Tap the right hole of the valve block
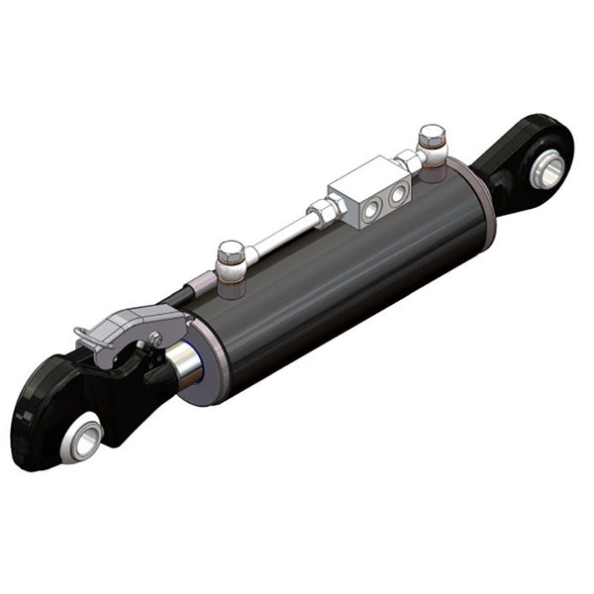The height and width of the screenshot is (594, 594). (x=397, y=194)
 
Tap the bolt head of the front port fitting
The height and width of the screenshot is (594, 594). (x=230, y=250)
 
